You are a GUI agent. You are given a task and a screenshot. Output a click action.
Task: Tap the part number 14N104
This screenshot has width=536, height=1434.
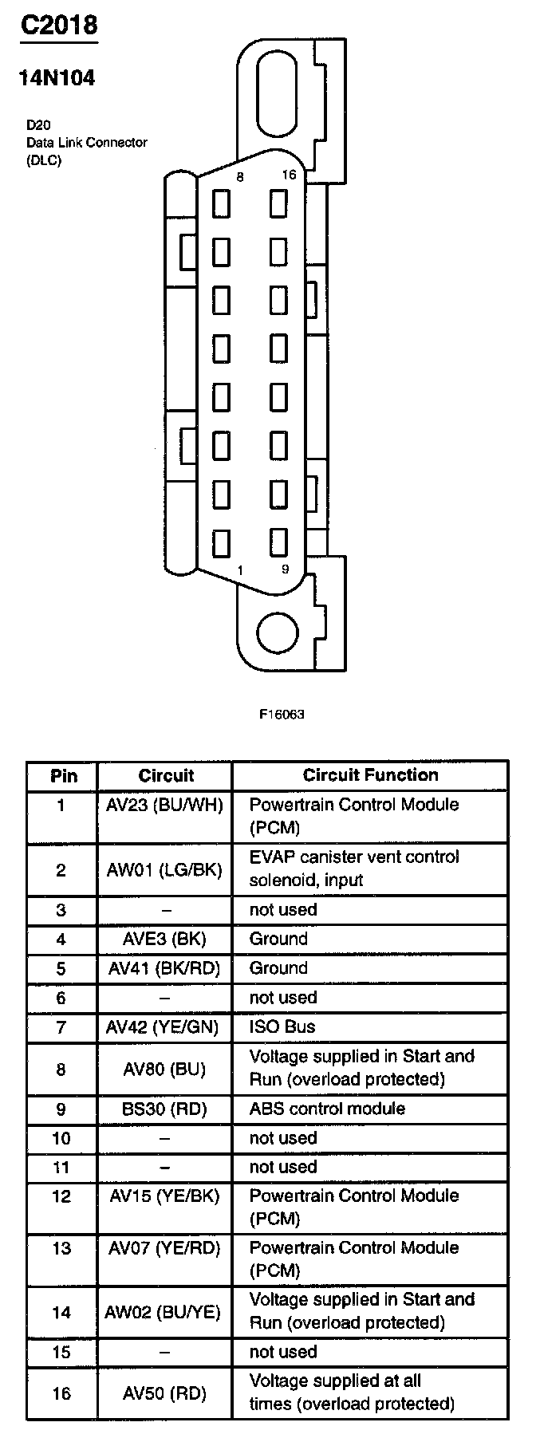pos(57,78)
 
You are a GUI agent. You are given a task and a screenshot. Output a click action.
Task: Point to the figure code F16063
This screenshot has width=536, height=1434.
pos(282,714)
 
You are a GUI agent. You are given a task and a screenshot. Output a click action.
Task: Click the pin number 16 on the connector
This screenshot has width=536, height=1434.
pos(289,175)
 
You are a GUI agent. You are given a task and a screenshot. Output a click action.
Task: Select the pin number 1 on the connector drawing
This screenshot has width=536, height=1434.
pos(240,569)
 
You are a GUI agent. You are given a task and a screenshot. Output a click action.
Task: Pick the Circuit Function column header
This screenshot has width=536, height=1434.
pos(370,775)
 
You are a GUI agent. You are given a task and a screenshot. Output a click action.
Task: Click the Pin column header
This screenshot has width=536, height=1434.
pos(64,775)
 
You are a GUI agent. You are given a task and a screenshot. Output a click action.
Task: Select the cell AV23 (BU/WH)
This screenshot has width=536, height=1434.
pos(165,805)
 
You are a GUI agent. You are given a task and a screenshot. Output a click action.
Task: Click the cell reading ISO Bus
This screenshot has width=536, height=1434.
pos(282,1026)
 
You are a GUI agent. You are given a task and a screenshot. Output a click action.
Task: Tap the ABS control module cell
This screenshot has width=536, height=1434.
pos(327,1109)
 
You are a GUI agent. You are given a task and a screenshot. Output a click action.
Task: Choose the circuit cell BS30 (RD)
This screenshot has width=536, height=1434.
pos(165,1109)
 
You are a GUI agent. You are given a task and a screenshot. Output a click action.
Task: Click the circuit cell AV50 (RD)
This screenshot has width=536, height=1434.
pos(165,1393)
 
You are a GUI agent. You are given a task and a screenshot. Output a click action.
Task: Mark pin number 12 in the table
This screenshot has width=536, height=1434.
pos(61,1196)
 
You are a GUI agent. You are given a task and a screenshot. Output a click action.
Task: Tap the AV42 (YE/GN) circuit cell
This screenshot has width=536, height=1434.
pos(164,1027)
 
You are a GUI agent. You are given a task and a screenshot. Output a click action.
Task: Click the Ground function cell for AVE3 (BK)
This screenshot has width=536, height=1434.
pos(278,939)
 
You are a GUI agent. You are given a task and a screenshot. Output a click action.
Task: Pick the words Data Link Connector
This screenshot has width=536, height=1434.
pos(86,143)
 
